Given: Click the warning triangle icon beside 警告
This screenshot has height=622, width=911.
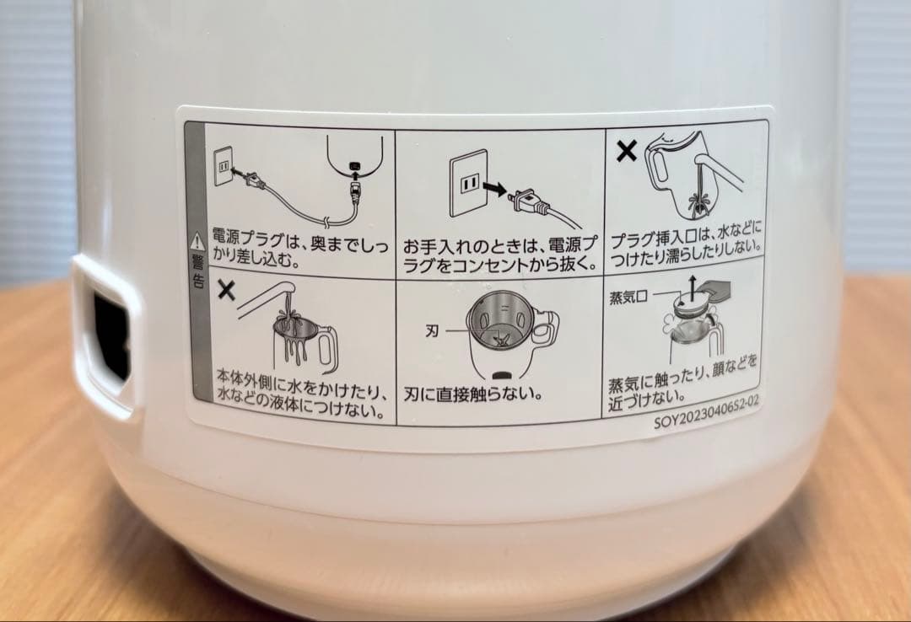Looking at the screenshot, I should point(197,239).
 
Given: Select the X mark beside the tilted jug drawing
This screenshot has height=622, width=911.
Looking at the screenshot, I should point(625,151).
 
